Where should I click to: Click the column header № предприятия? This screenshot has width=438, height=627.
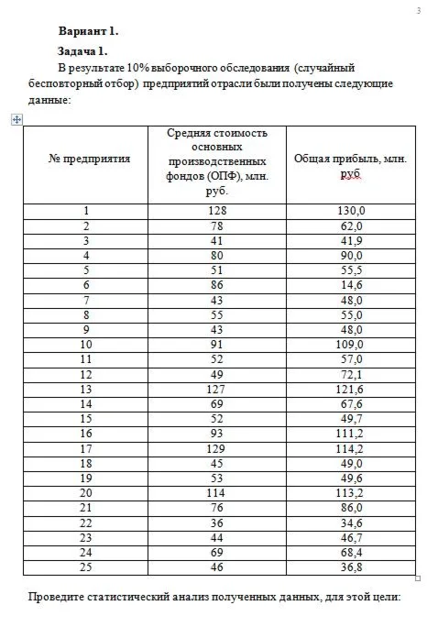click(x=89, y=158)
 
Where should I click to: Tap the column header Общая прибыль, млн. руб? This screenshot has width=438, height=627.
click(x=350, y=165)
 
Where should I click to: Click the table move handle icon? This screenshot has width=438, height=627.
click(x=13, y=119)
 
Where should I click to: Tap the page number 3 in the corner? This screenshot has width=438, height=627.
click(x=418, y=10)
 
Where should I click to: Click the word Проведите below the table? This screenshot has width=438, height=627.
click(x=60, y=599)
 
